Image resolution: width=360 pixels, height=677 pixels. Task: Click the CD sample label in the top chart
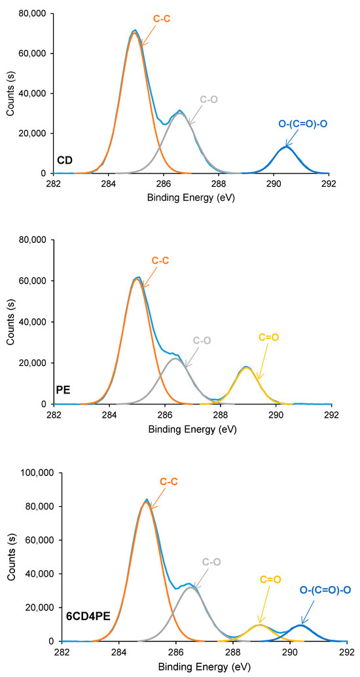pyautogui.click(x=64, y=159)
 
